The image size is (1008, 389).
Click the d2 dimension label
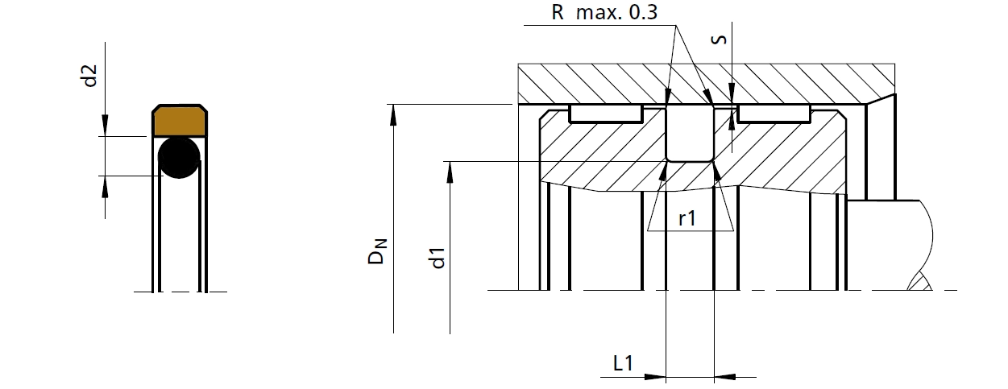click(91, 77)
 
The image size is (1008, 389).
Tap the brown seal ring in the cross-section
click(177, 121)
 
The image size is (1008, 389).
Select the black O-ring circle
click(178, 157)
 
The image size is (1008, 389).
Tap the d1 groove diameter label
click(438, 259)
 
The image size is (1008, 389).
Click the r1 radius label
click(687, 218)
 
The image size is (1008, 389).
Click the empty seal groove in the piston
click(690, 133)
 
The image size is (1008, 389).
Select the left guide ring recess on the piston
click(605, 114)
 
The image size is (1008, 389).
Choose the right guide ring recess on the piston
click(774, 114)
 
